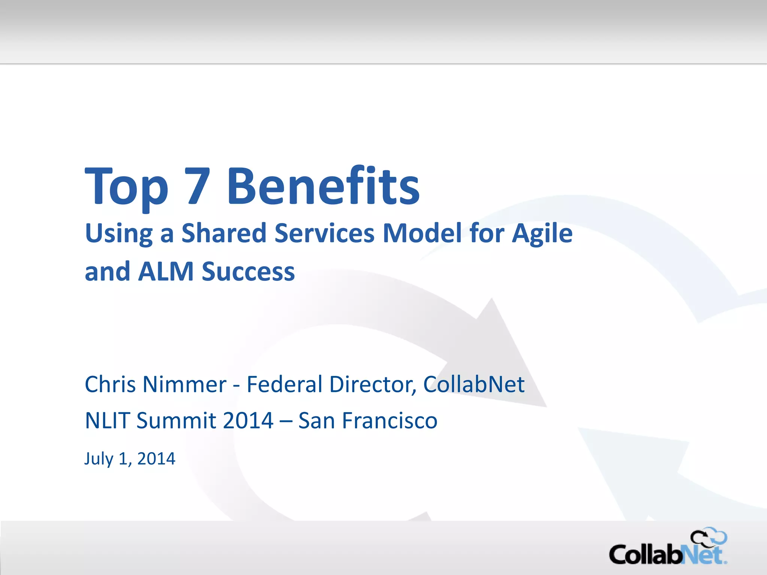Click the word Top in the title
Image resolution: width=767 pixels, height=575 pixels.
coord(127,187)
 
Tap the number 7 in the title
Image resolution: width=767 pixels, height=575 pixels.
coord(197,186)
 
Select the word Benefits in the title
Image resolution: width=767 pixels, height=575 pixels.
coord(323,186)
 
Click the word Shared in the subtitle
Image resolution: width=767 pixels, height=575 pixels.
coord(224,233)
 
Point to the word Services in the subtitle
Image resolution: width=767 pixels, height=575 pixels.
coord(324,233)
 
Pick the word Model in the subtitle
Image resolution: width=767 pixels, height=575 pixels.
coord(422,233)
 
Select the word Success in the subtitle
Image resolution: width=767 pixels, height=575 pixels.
coord(248,271)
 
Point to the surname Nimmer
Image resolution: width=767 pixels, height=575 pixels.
coord(184,384)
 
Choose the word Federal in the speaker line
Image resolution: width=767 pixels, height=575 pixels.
coord(285,384)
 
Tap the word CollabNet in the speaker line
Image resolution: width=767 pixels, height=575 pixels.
coord(474,384)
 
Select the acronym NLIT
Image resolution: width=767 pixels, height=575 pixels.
coord(107,420)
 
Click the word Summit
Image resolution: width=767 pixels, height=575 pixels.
coord(176,420)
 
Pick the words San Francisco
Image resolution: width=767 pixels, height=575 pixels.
coord(368,420)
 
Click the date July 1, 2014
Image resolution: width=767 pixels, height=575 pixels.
coord(130,459)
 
